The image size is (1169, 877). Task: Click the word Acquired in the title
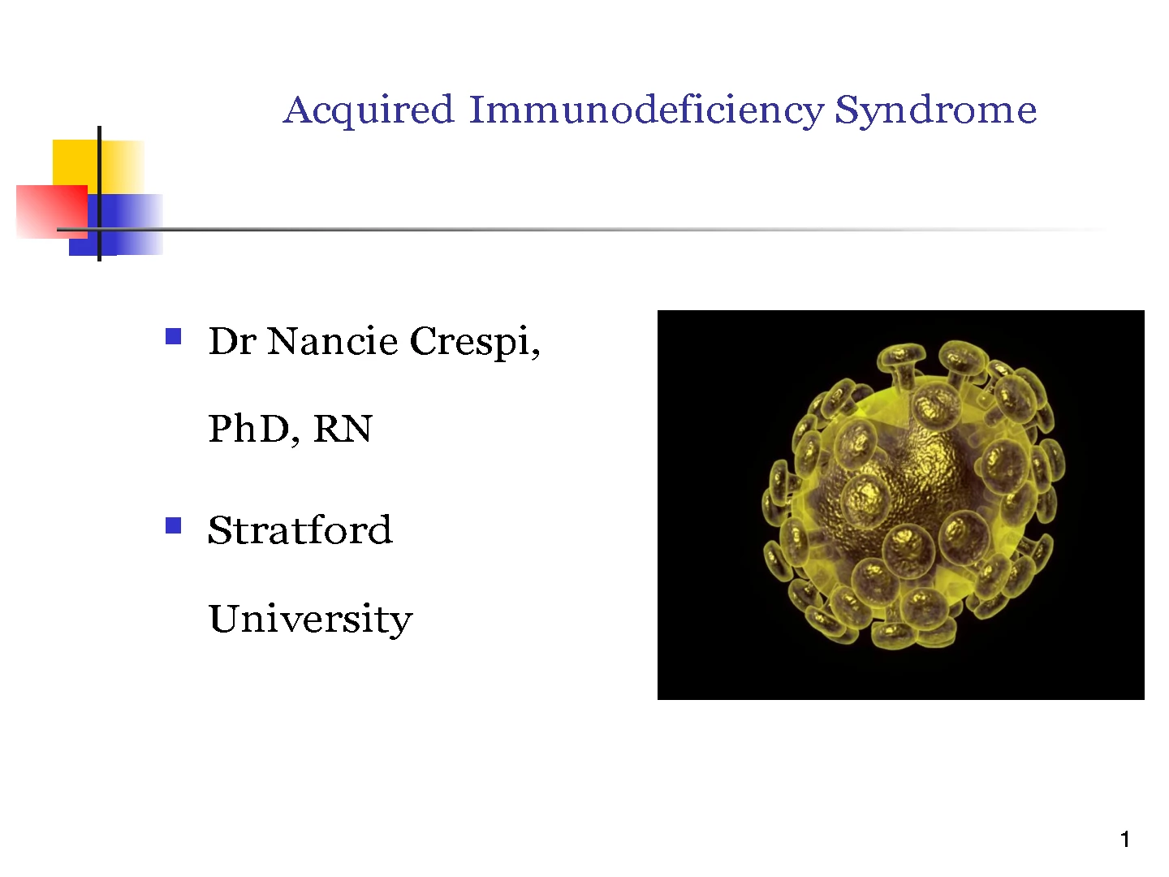pos(369,110)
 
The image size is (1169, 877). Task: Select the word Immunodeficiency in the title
pos(646,110)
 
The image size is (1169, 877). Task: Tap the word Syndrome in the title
pos(936,110)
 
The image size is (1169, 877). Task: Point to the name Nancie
pos(333,341)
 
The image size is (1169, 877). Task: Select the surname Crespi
pos(475,343)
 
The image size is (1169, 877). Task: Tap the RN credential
pos(343,429)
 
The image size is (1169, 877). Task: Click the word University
pos(310,620)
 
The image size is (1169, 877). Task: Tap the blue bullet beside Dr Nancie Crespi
pos(174,336)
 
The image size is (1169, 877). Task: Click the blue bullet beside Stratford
pos(174,525)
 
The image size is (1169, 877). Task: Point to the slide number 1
pos(1125,840)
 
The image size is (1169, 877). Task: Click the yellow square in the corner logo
pos(98,166)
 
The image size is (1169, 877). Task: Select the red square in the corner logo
pos(52,212)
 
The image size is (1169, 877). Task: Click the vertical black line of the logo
pos(99,194)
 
